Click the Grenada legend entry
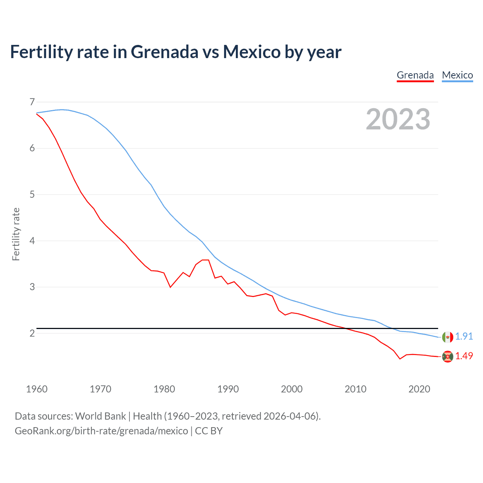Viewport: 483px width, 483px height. tap(415, 75)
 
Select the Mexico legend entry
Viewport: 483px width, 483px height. tap(457, 75)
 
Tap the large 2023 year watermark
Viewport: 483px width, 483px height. tap(398, 119)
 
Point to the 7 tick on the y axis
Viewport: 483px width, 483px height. tap(32, 102)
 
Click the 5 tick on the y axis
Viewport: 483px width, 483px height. tap(32, 194)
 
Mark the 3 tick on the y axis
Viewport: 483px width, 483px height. tap(32, 287)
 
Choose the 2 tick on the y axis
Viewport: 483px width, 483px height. tap(32, 333)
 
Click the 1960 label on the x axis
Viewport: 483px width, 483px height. tap(37, 389)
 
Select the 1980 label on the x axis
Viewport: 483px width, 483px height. tap(164, 389)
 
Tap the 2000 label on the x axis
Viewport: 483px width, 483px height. tap(292, 389)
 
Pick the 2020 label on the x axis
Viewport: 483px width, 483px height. tap(419, 389)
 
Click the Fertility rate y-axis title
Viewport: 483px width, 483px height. tap(16, 234)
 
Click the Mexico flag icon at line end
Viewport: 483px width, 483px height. tap(448, 337)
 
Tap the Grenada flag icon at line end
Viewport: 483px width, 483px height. tap(448, 357)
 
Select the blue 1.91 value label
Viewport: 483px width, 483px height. tap(464, 336)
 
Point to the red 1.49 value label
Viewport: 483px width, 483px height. tap(464, 356)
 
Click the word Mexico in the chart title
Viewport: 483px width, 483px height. tap(252, 52)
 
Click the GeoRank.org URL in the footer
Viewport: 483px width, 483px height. tap(101, 431)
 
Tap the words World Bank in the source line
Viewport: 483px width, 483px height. tap(100, 416)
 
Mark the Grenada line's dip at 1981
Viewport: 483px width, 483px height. tap(170, 287)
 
